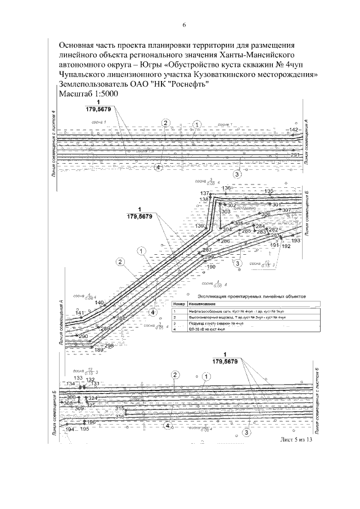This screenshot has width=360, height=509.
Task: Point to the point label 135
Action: (269, 191)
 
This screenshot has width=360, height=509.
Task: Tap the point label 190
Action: (211, 267)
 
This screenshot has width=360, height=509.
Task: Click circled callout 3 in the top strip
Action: (237, 174)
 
